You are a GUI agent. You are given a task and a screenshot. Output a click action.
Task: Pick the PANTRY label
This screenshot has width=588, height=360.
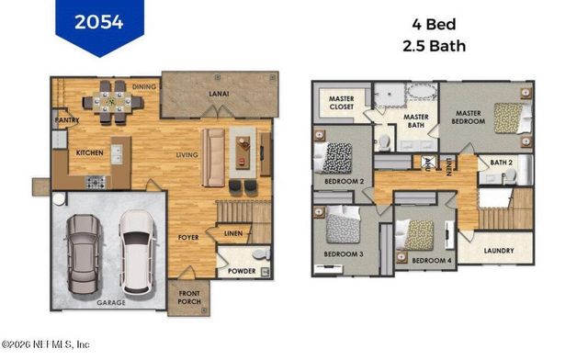click(67, 120)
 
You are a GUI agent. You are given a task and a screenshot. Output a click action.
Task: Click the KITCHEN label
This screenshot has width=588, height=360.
click(89, 152)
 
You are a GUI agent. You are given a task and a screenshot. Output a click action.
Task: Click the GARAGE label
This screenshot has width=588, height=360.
click(112, 301)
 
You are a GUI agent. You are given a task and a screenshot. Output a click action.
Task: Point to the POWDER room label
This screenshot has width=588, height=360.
click(242, 272)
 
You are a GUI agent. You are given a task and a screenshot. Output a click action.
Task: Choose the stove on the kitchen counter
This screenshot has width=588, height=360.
click(97, 182)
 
